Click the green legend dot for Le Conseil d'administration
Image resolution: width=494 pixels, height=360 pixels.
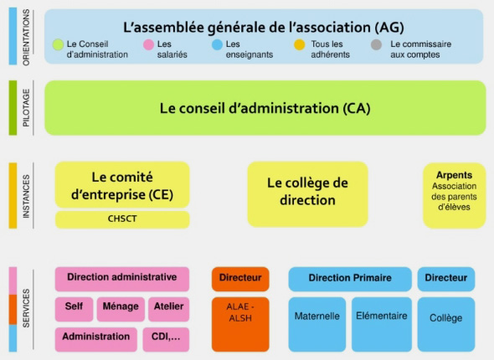click(x=58, y=44)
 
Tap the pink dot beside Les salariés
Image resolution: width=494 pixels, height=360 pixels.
click(x=148, y=44)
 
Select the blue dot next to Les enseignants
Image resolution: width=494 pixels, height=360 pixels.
click(x=217, y=44)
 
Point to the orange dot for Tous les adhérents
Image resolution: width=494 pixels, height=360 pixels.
click(x=300, y=44)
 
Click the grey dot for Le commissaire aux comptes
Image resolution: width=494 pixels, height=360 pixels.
click(x=377, y=44)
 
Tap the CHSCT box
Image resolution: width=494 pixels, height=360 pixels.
click(x=122, y=219)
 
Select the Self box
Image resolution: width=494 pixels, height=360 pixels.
click(x=74, y=309)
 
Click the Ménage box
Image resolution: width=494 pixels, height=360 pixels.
click(x=121, y=309)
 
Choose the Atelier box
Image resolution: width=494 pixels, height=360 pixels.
click(x=168, y=309)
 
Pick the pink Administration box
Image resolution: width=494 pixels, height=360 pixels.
click(x=96, y=339)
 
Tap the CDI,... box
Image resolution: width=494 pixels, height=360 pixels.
click(x=166, y=339)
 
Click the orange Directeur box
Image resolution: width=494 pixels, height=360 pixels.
click(x=240, y=279)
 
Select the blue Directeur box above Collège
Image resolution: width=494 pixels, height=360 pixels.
click(x=446, y=279)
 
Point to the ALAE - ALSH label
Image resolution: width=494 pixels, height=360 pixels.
click(x=240, y=312)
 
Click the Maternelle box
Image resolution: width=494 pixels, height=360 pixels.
click(x=317, y=324)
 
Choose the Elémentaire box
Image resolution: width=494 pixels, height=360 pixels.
click(x=382, y=324)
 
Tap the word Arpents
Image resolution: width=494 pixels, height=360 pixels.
click(x=454, y=175)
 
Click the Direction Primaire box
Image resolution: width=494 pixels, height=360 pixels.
click(x=350, y=279)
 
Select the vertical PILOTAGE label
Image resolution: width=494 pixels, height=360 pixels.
click(x=26, y=108)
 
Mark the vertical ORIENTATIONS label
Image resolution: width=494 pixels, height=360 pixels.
click(x=26, y=37)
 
